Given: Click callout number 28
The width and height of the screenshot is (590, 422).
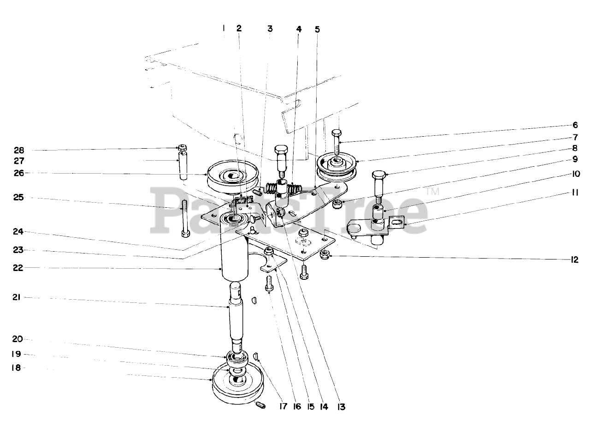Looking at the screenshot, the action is pyautogui.click(x=19, y=150).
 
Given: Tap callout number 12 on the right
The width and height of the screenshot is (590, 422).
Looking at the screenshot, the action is pyautogui.click(x=574, y=260).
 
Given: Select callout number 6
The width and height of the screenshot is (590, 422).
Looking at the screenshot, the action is pyautogui.click(x=575, y=125).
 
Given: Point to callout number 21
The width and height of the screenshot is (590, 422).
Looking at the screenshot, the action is pyautogui.click(x=17, y=298).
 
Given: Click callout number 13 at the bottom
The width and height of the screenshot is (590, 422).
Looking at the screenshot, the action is pyautogui.click(x=341, y=407).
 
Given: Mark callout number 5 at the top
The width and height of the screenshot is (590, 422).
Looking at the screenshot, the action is pyautogui.click(x=317, y=29).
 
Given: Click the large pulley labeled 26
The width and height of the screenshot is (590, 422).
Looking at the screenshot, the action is pyautogui.click(x=232, y=176).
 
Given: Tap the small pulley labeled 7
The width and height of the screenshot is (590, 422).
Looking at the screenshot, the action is pyautogui.click(x=337, y=169).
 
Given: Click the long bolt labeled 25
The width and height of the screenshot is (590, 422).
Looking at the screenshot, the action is pyautogui.click(x=185, y=217).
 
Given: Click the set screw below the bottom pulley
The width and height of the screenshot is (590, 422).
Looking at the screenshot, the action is pyautogui.click(x=260, y=406).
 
